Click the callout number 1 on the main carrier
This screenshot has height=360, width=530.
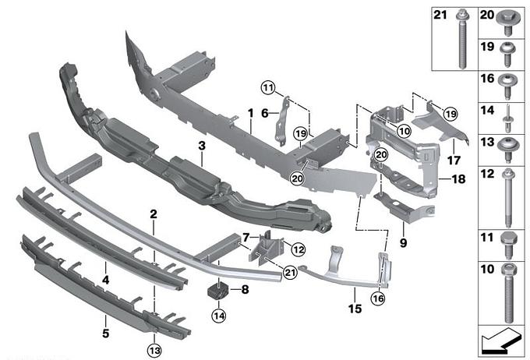pyautogui.click(x=250, y=114)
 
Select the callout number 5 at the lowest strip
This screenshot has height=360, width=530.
pyautogui.click(x=106, y=319)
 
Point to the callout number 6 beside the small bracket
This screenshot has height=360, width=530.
pyautogui.click(x=264, y=114)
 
